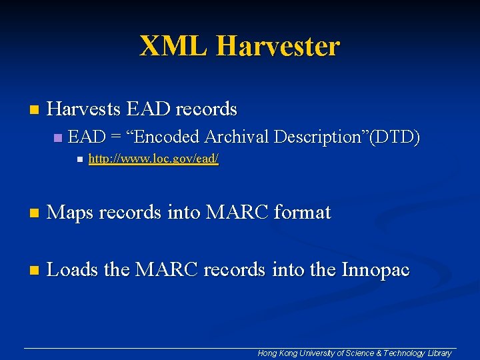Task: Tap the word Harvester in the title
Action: coord(278,46)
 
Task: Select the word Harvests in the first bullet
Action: coord(83,108)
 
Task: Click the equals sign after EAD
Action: coord(117,137)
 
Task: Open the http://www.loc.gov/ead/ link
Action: coord(153,160)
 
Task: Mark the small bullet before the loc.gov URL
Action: coord(79,160)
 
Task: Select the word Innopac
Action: coord(376,270)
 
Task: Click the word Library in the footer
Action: coord(439,353)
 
